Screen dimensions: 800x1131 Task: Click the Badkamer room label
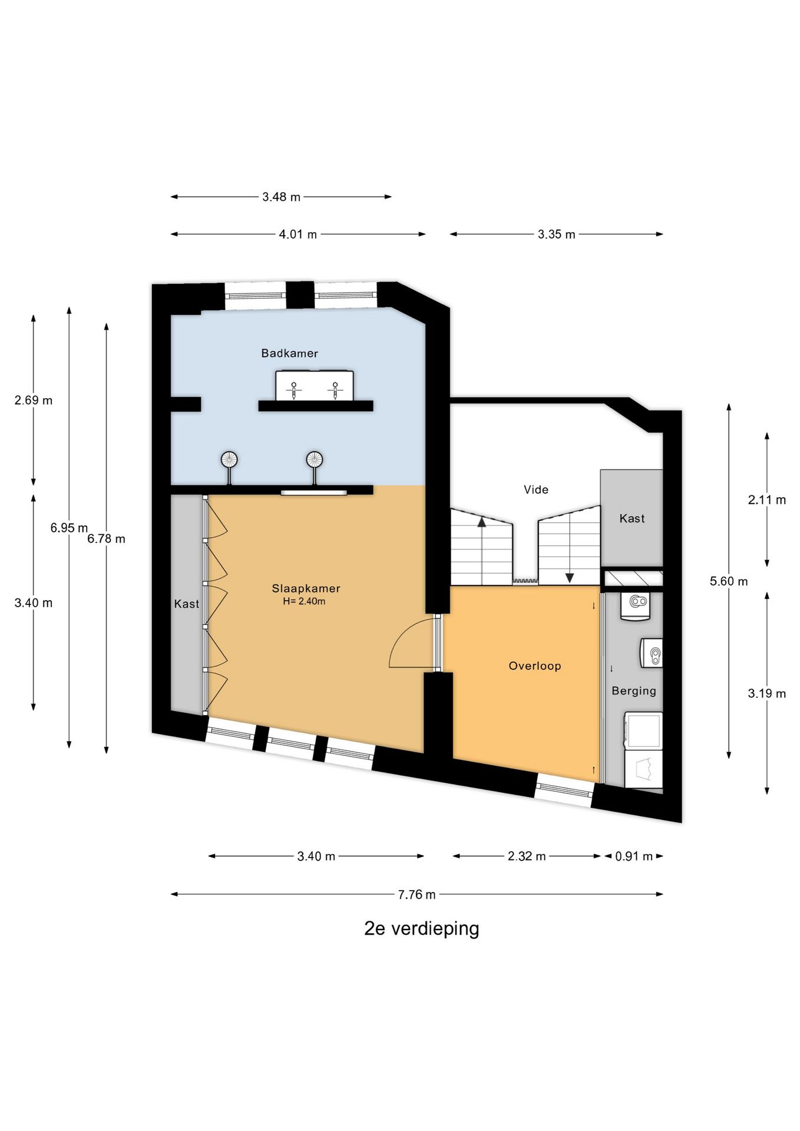289,353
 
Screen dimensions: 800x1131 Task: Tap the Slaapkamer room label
306,588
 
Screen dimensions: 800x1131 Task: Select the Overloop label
535,666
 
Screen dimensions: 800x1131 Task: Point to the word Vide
536,490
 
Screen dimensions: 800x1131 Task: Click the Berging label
634,691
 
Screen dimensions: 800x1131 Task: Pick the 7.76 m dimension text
416,895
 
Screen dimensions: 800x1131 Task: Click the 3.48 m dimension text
281,197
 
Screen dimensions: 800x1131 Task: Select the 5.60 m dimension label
729,581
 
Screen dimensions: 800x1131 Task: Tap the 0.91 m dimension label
634,856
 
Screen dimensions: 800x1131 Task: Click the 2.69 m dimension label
34,401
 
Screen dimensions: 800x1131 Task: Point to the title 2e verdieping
422,929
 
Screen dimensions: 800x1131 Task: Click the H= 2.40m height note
304,601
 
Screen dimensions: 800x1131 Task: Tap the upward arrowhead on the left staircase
482,521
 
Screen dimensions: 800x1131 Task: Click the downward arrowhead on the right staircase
570,578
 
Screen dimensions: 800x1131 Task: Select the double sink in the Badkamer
315,385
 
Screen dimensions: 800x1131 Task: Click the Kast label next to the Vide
632,519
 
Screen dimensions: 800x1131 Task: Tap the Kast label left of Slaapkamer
187,604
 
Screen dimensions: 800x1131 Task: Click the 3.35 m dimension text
556,234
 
